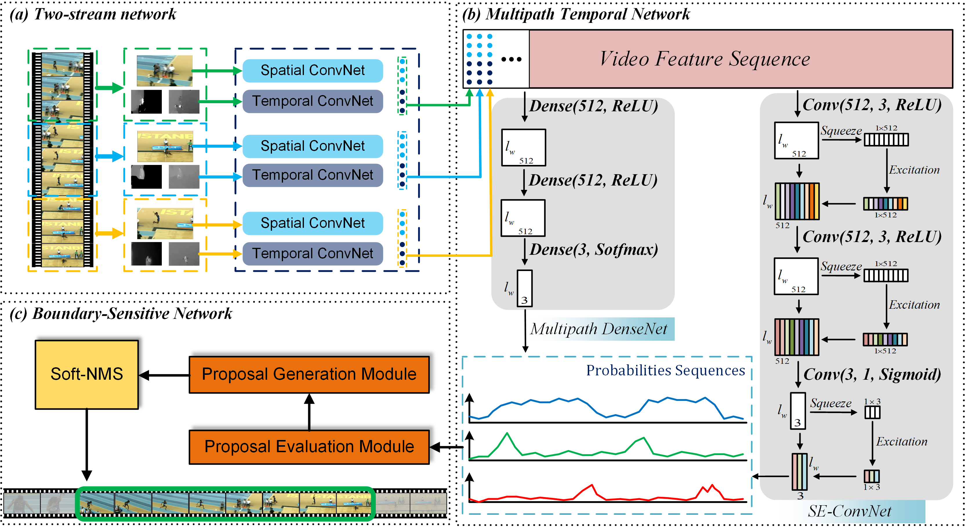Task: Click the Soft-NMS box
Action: tap(86, 375)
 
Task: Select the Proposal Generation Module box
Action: tap(309, 375)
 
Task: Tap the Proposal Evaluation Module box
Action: tap(309, 447)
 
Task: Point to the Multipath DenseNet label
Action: tap(598, 329)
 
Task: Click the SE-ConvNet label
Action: tap(849, 511)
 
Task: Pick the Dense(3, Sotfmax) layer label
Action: tap(594, 249)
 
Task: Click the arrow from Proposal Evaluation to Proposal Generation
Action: tap(309, 412)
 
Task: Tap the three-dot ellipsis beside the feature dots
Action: tap(511, 59)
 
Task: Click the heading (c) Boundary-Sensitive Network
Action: tap(121, 314)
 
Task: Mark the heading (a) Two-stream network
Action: tap(93, 14)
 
